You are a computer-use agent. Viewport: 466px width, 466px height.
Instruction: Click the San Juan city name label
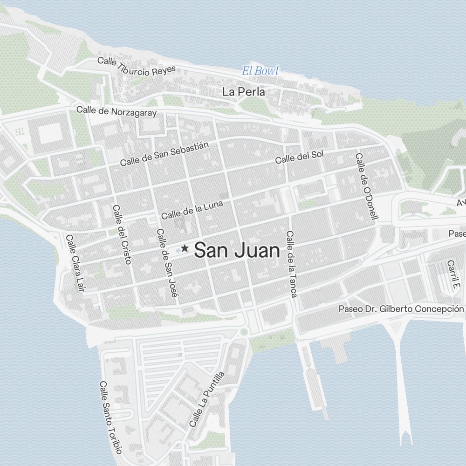(x=237, y=251)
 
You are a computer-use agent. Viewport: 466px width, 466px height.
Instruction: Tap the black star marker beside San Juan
(x=185, y=248)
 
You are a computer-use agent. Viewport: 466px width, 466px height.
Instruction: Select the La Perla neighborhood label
(x=244, y=92)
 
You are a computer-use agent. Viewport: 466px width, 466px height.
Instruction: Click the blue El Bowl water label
(x=260, y=71)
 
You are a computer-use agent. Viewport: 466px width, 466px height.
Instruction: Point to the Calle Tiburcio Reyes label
(x=137, y=66)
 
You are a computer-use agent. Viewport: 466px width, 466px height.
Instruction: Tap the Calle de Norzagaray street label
(x=116, y=112)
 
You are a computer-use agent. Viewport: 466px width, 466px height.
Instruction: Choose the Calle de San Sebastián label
(x=164, y=154)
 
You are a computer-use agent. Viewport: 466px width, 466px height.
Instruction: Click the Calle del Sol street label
(x=299, y=157)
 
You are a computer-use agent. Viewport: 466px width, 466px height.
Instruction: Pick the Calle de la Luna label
(x=192, y=210)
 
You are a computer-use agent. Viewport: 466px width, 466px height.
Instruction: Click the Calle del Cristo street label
(x=122, y=234)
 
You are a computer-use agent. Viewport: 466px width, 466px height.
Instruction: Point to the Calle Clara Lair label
(x=76, y=263)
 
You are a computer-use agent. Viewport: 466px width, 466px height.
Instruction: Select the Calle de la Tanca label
(x=292, y=264)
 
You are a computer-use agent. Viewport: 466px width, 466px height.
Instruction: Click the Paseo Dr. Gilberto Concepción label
(x=401, y=309)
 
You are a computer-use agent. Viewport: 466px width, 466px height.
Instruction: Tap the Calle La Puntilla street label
(x=207, y=399)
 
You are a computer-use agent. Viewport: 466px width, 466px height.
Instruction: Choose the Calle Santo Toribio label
(x=110, y=418)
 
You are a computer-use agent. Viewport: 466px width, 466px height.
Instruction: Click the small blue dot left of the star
(x=178, y=250)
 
